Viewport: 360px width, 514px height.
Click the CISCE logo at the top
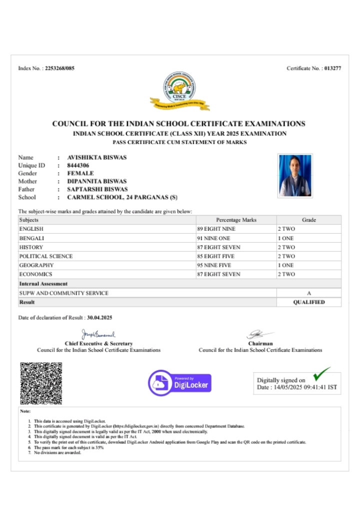pos(180,91)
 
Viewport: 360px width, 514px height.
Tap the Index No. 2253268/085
pos(59,68)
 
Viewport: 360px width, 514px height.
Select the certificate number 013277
pos(332,68)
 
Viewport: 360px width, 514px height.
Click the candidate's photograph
pos(295,175)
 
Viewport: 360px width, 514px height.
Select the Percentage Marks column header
pos(236,220)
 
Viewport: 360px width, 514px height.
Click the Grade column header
pos(309,220)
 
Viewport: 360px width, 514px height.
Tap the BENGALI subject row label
pos(31,238)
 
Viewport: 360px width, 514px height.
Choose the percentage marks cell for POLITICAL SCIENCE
pos(216,256)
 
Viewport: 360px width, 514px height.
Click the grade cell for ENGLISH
pos(286,229)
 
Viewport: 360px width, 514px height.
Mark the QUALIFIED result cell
pos(309,302)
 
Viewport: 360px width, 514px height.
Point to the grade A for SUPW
pos(309,293)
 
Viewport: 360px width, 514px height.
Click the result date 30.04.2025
pos(99,318)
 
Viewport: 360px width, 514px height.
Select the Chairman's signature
pos(260,334)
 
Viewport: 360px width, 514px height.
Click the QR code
pos(41,383)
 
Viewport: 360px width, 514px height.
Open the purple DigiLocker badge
pos(179,383)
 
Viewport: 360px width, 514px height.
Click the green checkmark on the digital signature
pos(321,373)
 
